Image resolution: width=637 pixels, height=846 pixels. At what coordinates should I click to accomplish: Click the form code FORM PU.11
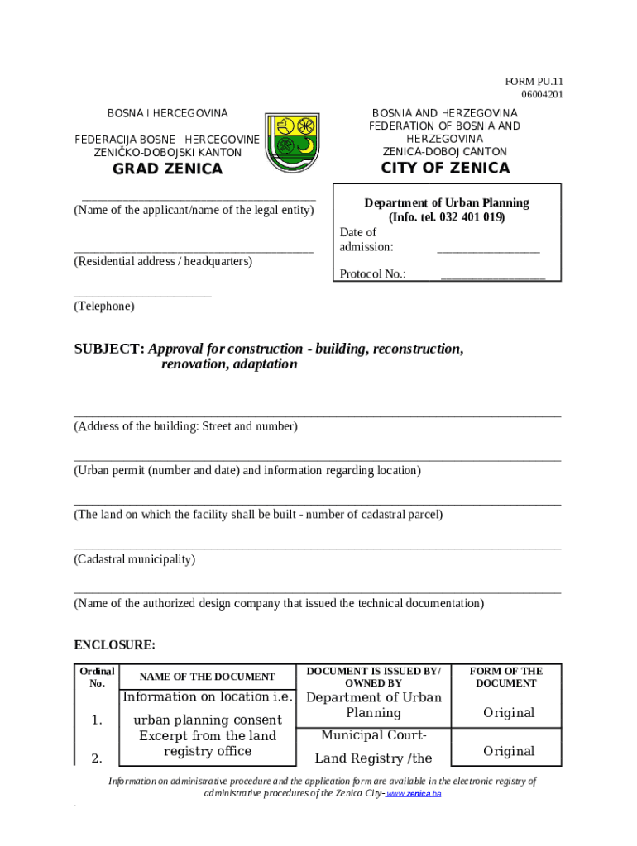(x=534, y=81)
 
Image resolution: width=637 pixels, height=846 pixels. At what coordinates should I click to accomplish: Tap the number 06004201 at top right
(x=542, y=94)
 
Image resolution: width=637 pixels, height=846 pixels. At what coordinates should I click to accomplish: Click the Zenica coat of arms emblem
(x=296, y=143)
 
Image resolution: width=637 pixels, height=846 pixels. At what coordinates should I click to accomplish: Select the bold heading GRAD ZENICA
(x=168, y=169)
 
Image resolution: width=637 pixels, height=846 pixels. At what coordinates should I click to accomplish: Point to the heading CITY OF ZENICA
(x=445, y=169)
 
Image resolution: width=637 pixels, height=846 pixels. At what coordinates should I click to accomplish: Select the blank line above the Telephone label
(x=142, y=294)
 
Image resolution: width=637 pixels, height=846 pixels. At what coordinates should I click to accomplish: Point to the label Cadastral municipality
(x=135, y=559)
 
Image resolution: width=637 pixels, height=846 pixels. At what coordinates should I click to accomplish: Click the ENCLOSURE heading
(x=114, y=644)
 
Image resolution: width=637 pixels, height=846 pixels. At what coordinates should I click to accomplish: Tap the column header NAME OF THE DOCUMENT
(x=208, y=677)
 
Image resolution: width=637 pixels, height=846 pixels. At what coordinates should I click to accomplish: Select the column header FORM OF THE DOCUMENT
(x=506, y=677)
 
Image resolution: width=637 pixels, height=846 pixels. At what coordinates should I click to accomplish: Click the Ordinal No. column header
(x=97, y=677)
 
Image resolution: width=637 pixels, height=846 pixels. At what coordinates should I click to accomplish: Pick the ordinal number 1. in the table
(x=97, y=720)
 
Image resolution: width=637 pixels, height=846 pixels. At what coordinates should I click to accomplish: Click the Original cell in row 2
(x=509, y=751)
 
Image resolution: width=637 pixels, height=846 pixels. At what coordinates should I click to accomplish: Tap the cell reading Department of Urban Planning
(x=374, y=705)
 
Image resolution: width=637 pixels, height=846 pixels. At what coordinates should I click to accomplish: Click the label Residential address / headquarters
(x=163, y=261)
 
